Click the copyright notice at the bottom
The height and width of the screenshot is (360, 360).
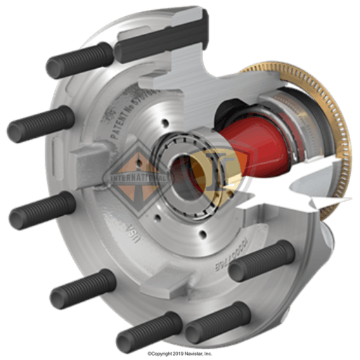point(180,353)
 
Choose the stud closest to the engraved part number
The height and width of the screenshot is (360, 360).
point(260,260)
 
